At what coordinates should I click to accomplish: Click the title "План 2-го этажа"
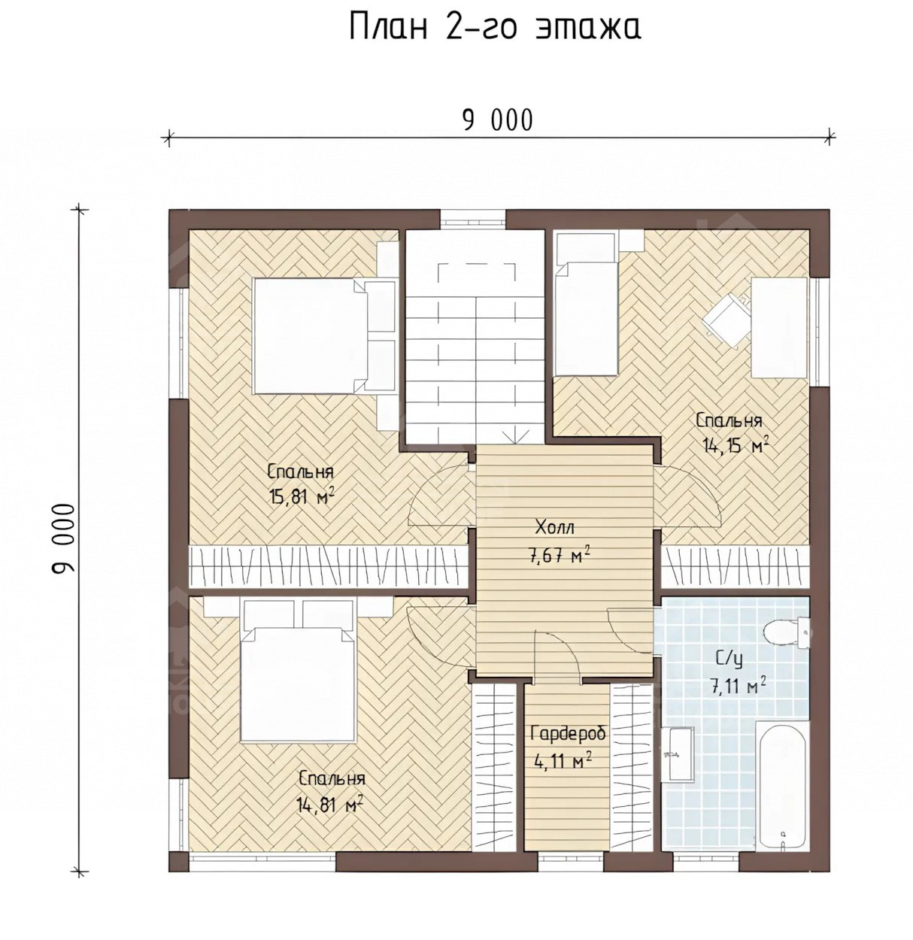point(495,27)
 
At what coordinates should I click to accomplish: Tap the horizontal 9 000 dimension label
point(498,120)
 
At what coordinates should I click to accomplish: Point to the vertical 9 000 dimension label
point(63,538)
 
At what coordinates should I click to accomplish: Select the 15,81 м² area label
point(302,497)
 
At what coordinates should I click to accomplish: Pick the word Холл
point(554,527)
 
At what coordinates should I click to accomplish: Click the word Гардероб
point(568,734)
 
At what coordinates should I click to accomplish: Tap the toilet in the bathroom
point(787,632)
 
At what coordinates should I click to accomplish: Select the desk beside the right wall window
point(778,328)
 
